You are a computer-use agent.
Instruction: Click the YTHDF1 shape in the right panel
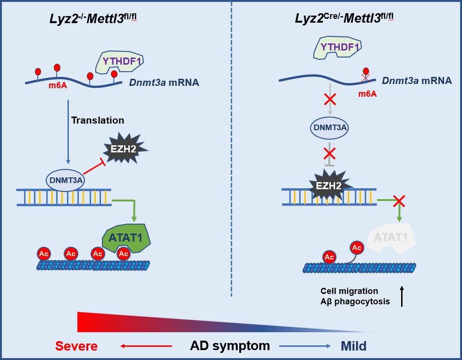coord(340,48)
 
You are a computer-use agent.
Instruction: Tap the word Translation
coord(98,120)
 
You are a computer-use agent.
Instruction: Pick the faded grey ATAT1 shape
coord(391,237)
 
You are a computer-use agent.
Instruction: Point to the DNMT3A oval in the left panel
coord(66,180)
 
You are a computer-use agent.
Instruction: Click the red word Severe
coord(76,346)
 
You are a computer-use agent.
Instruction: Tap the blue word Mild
coord(353,346)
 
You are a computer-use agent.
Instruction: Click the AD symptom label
coord(230,346)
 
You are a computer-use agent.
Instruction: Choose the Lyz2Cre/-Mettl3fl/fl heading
coord(344,18)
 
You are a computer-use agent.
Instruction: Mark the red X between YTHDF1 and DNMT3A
coord(329,99)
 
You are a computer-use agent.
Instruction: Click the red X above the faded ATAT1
coord(399,201)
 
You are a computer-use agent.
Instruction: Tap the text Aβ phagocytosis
coord(355,301)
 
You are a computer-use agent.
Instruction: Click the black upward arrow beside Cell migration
coord(402,296)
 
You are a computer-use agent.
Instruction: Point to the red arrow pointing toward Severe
coord(146,346)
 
